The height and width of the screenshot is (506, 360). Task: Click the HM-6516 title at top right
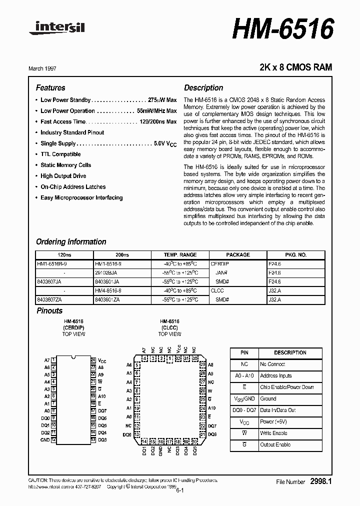(x=282, y=28)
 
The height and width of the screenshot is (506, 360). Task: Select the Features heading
(x=50, y=88)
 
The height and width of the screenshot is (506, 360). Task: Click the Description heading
(x=203, y=88)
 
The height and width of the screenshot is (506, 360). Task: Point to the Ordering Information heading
(x=71, y=242)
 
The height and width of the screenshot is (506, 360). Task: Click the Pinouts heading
(x=49, y=311)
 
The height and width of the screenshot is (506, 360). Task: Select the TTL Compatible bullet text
(x=60, y=154)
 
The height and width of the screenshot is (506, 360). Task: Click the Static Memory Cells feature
(x=65, y=165)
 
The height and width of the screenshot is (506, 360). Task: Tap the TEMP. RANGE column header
(x=180, y=255)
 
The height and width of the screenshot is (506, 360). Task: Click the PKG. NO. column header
(x=295, y=255)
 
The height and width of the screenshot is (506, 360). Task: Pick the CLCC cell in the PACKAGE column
(x=218, y=289)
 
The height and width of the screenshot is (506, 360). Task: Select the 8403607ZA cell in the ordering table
(x=49, y=299)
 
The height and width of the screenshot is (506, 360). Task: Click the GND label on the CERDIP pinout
(x=45, y=440)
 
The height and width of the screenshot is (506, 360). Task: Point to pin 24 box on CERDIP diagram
(x=93, y=360)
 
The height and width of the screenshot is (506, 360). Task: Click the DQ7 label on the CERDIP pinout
(x=102, y=410)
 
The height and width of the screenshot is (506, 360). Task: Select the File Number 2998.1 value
(x=321, y=481)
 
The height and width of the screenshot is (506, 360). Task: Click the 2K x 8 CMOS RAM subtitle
(x=295, y=67)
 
